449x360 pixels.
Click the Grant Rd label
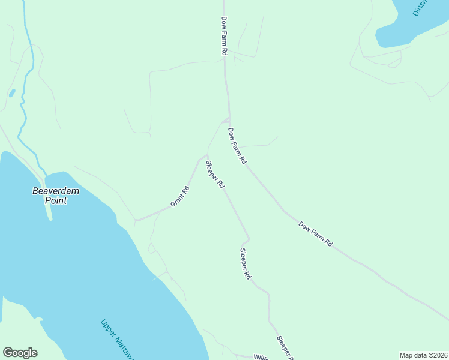(180, 197)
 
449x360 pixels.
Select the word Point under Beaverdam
(55, 200)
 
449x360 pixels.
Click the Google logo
(20, 353)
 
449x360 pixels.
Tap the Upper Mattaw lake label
(118, 340)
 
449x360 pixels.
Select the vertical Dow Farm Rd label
(223, 37)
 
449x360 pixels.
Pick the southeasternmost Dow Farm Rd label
(315, 235)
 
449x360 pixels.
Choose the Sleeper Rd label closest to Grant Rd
(215, 175)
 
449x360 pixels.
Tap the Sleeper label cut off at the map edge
(285, 347)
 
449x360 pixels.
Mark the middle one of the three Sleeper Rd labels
(245, 264)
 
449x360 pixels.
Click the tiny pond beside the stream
(11, 93)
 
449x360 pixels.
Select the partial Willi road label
(260, 357)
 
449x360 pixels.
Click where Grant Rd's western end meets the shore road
(137, 220)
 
